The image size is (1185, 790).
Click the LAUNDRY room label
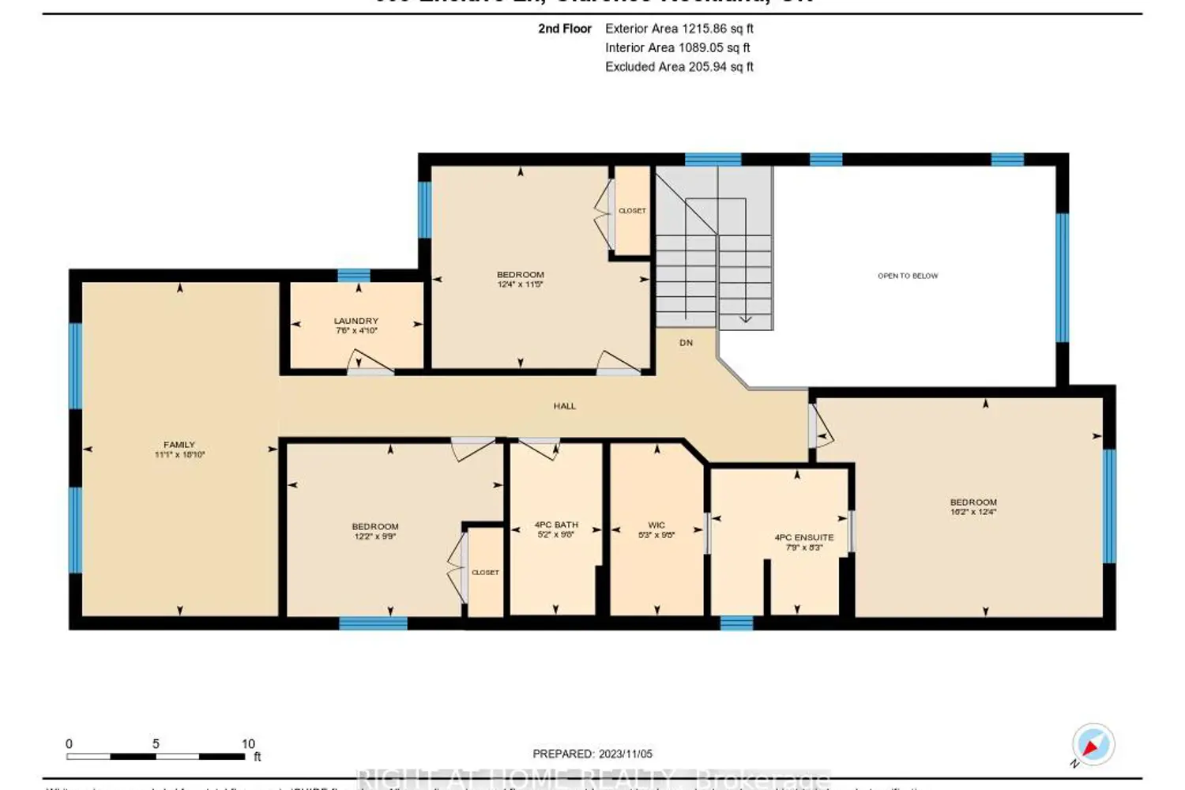click(x=356, y=321)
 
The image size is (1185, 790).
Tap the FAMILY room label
click(x=179, y=445)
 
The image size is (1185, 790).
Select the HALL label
click(x=564, y=406)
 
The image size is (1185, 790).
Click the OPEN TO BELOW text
click(x=908, y=276)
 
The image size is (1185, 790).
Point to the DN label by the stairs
click(x=686, y=343)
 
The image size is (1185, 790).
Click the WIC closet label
click(x=656, y=525)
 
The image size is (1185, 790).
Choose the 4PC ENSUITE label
click(x=803, y=537)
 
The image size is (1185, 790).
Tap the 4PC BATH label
click(x=556, y=525)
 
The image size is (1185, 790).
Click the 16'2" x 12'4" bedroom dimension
click(x=973, y=512)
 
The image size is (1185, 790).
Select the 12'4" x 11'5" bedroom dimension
click(x=520, y=284)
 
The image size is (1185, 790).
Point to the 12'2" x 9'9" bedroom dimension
click(x=375, y=536)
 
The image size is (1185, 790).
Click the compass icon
click(x=1093, y=744)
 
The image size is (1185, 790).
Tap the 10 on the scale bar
click(x=248, y=743)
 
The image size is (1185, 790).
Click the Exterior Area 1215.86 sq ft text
click(x=679, y=28)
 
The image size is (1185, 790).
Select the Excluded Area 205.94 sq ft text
click(x=679, y=67)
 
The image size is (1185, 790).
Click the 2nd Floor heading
click(x=565, y=28)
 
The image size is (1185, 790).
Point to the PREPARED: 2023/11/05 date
click(x=592, y=754)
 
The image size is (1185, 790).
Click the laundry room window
click(x=354, y=276)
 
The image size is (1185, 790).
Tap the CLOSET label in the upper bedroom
click(x=632, y=211)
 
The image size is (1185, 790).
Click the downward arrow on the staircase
click(x=745, y=318)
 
